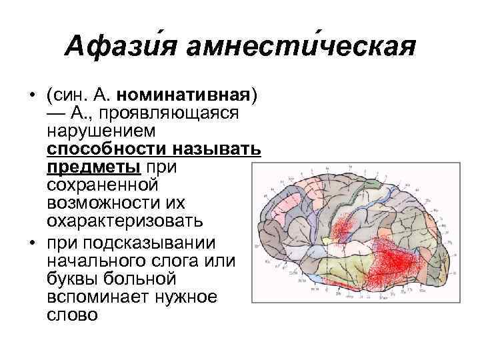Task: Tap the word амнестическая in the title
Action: point(301,47)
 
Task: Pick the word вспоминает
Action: point(96,295)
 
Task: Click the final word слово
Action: point(71,313)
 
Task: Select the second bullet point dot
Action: point(31,240)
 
